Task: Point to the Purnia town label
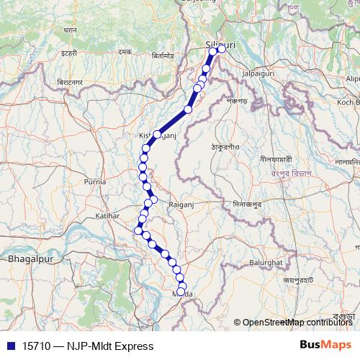click(x=94, y=182)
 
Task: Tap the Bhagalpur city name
click(x=26, y=257)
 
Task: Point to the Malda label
click(x=183, y=294)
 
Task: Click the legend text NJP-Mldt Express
click(x=110, y=346)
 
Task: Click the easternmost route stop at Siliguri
click(x=222, y=48)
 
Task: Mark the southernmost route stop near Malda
click(x=182, y=287)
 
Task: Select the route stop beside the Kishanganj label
click(x=156, y=135)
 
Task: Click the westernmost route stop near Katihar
click(x=138, y=230)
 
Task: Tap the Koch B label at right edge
click(x=348, y=102)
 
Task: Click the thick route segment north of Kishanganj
click(x=173, y=122)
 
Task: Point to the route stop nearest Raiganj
click(x=153, y=199)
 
